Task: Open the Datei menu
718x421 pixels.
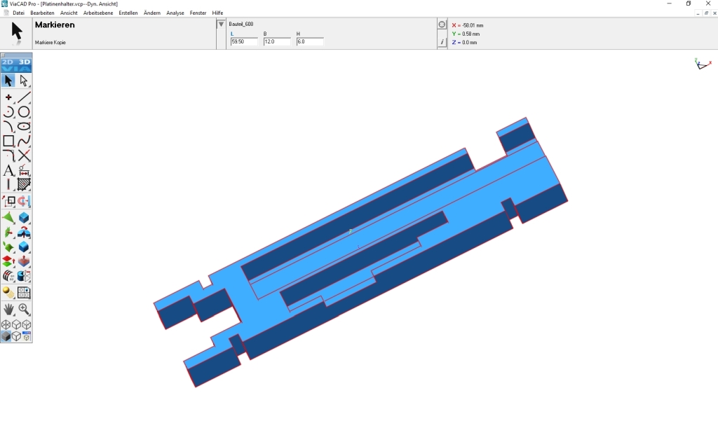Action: coord(18,13)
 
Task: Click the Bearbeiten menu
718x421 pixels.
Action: coord(42,13)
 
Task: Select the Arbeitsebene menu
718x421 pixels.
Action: coord(98,13)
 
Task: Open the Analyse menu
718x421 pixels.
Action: coord(175,13)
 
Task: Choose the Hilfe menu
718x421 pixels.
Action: coord(217,13)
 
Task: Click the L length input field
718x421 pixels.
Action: coord(244,41)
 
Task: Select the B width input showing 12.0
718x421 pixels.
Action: coord(277,41)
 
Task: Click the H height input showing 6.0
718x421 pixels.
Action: coord(310,41)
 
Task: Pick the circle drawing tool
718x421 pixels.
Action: coord(24,111)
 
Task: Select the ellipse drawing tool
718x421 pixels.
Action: coord(24,126)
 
